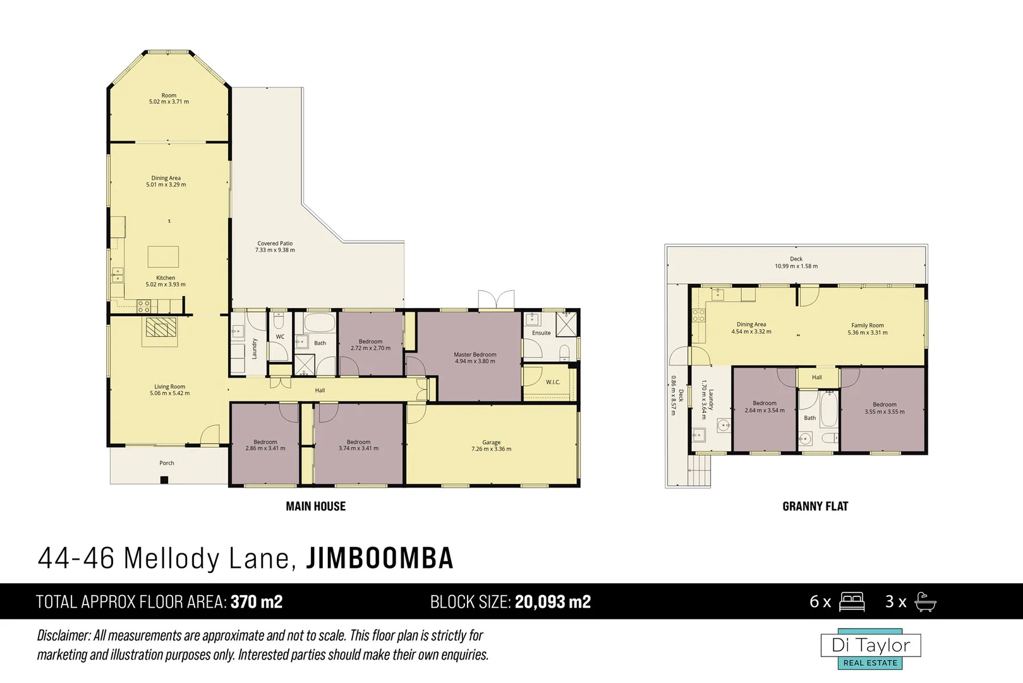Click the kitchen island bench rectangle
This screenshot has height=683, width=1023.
[163, 257]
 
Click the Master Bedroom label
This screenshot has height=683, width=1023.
[475, 355]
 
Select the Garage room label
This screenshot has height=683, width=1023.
[491, 443]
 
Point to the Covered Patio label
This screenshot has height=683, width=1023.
[275, 243]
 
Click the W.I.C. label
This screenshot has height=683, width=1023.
[553, 382]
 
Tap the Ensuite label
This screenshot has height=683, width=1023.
[541, 333]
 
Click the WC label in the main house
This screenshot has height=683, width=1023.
[280, 337]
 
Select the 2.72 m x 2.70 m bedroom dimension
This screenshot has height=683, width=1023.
[370, 348]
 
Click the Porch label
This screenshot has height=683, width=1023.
[167, 463]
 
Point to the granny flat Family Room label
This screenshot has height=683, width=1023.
[867, 326]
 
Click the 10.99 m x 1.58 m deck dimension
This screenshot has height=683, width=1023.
[796, 266]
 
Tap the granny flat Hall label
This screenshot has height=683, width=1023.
[816, 378]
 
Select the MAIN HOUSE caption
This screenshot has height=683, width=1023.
[315, 506]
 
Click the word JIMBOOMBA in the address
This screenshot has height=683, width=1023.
[380, 558]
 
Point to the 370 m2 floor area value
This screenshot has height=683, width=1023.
[257, 601]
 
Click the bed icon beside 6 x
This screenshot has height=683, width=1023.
[851, 601]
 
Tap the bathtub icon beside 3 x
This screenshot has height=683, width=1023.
[925, 601]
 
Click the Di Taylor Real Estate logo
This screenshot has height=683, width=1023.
[871, 649]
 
